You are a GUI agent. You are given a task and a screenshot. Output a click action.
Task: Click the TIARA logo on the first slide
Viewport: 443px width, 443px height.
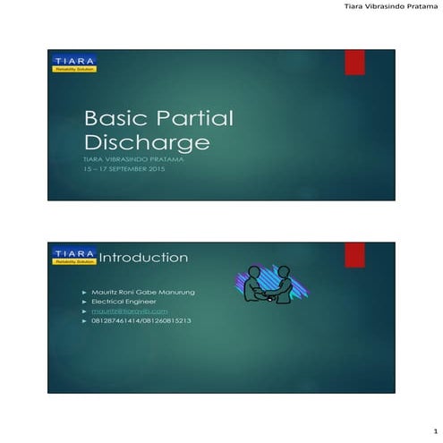(x=74, y=63)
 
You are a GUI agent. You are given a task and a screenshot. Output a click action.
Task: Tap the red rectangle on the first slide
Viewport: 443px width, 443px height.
(x=355, y=61)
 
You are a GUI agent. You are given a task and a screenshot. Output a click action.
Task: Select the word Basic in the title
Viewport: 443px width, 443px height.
(x=115, y=118)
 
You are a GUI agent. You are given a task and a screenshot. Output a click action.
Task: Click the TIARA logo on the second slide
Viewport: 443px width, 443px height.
(x=74, y=256)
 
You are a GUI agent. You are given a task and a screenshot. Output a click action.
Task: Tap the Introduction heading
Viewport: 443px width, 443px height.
(x=143, y=258)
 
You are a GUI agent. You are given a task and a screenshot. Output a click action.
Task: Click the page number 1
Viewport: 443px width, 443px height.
(x=433, y=431)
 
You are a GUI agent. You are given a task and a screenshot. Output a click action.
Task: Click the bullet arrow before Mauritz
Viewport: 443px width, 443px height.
(x=84, y=293)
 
